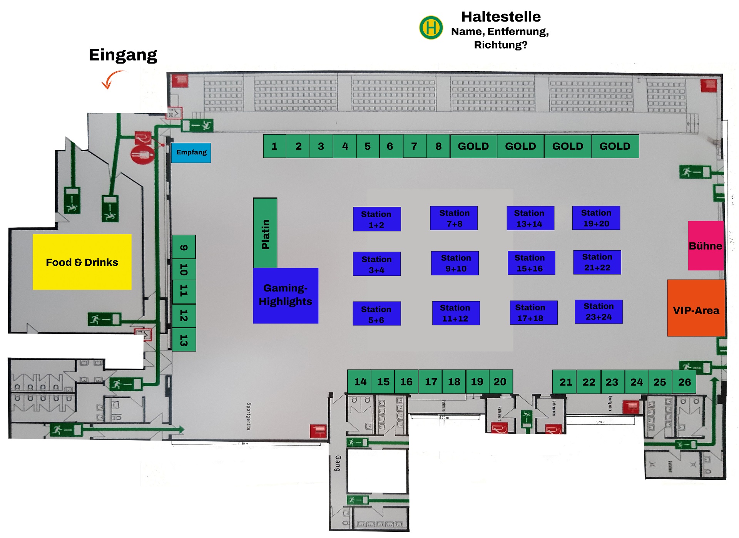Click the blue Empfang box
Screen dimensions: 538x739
(191, 153)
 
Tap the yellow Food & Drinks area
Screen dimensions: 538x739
(82, 262)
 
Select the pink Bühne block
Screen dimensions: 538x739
(706, 246)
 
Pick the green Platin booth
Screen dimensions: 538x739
(265, 233)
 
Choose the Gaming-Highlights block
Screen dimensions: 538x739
(286, 295)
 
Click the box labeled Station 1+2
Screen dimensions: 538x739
(377, 219)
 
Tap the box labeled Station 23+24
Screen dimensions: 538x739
(599, 312)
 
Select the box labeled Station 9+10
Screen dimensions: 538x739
(455, 263)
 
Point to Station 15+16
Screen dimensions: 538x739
(531, 263)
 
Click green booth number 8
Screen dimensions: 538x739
(438, 146)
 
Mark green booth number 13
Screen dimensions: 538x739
(184, 340)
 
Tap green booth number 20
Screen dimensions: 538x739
(500, 382)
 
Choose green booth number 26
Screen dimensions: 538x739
(684, 382)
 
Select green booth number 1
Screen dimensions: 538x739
(274, 146)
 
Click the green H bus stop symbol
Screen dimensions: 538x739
(431, 27)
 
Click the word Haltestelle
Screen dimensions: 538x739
(501, 17)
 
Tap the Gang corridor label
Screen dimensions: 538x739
(338, 463)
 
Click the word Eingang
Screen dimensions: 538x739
(123, 55)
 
